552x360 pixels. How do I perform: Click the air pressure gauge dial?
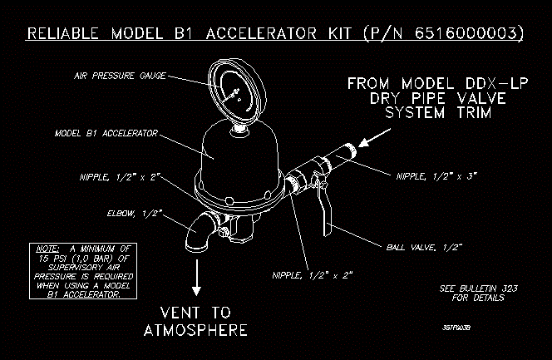(237, 91)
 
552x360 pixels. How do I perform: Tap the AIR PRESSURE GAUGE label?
(121, 76)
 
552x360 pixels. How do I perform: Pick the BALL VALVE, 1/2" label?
(424, 247)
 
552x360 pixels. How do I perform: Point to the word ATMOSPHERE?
(196, 330)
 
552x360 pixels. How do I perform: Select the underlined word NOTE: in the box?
(43, 249)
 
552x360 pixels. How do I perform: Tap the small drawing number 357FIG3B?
(457, 328)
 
